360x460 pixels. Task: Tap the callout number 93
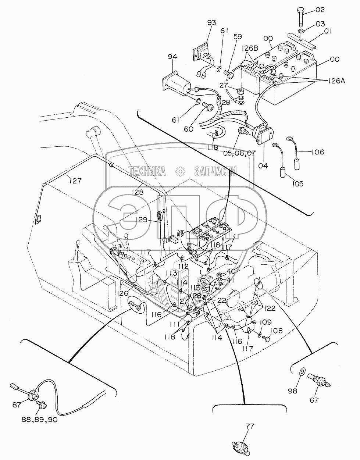pyautogui.click(x=211, y=23)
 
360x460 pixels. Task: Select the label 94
pyautogui.click(x=172, y=57)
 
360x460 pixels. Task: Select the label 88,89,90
pyautogui.click(x=37, y=420)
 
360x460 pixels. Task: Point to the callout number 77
pyautogui.click(x=250, y=427)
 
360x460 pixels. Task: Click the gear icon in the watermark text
pyautogui.click(x=180, y=170)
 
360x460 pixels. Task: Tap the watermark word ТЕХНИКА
pyautogui.click(x=147, y=170)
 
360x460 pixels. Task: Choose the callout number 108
pyautogui.click(x=277, y=331)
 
